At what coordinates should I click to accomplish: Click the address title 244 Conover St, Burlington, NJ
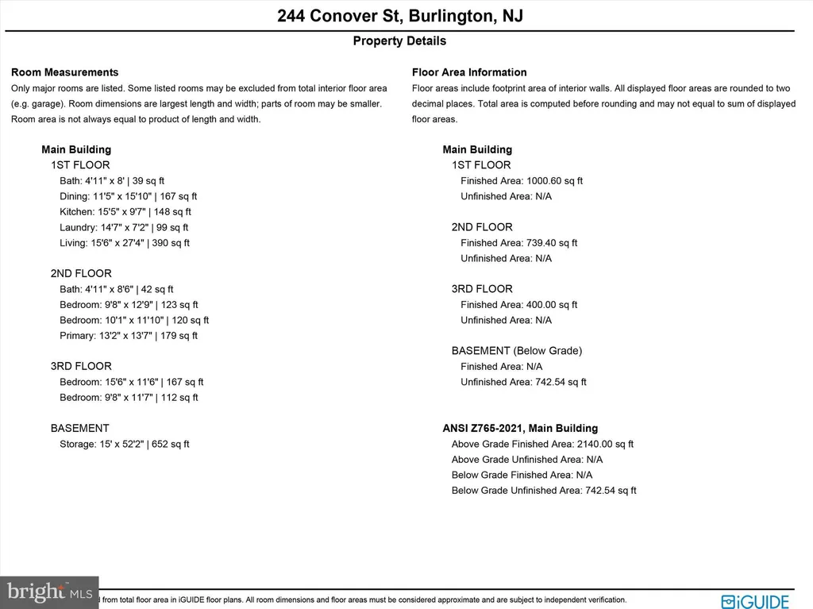click(x=399, y=16)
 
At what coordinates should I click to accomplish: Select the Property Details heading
click(x=399, y=41)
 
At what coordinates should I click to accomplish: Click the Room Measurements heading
click(x=64, y=72)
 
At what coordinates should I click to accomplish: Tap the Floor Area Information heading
click(x=469, y=72)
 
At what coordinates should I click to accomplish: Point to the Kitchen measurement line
click(x=125, y=212)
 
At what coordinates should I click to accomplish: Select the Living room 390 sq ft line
click(x=125, y=243)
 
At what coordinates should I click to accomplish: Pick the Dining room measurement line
click(x=129, y=196)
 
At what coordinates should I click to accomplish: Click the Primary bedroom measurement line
click(x=129, y=336)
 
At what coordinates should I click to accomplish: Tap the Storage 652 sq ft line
click(x=125, y=445)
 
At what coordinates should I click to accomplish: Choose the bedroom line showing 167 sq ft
click(x=132, y=382)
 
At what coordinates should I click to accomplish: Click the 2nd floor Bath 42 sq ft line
click(x=117, y=290)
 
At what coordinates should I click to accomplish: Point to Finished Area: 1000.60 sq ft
click(x=522, y=181)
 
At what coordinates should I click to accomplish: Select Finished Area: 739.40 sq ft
click(x=519, y=243)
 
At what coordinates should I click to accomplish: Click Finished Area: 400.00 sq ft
click(x=519, y=305)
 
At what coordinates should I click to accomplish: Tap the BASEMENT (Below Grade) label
click(x=517, y=351)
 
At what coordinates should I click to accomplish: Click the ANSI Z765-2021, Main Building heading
click(x=520, y=429)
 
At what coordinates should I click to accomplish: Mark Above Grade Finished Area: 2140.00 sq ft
click(x=542, y=445)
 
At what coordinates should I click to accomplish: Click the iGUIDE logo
click(x=755, y=601)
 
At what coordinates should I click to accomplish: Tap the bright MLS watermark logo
click(x=49, y=592)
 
